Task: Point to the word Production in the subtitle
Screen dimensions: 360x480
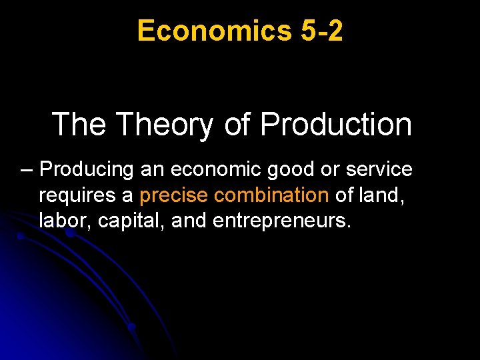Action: coord(335,124)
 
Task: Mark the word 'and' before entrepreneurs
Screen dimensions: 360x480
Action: coord(189,220)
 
